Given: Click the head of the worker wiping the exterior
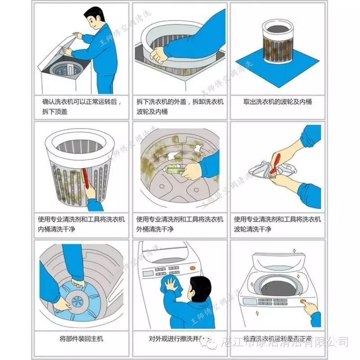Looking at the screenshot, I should pyautogui.click(x=200, y=288).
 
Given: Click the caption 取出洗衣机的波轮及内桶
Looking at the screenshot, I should pyautogui.click(x=278, y=102).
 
